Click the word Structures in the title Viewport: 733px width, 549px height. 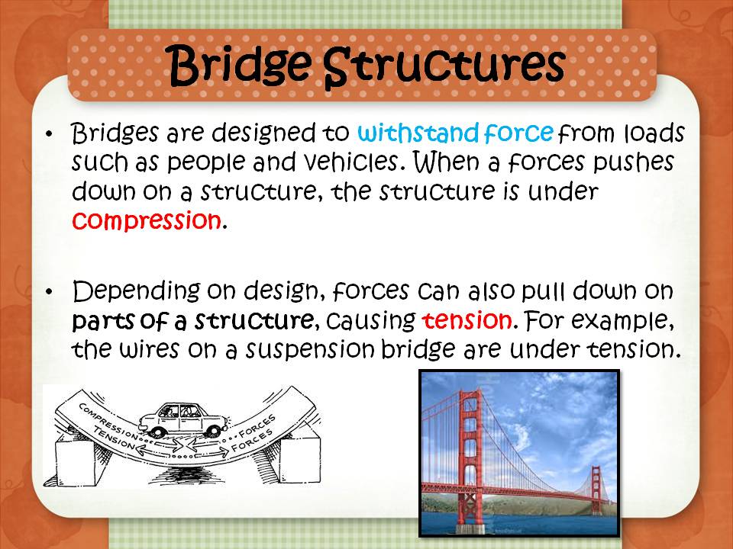click(444, 64)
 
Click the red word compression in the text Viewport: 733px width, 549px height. click(146, 220)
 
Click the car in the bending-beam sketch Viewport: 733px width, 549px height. click(181, 416)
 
